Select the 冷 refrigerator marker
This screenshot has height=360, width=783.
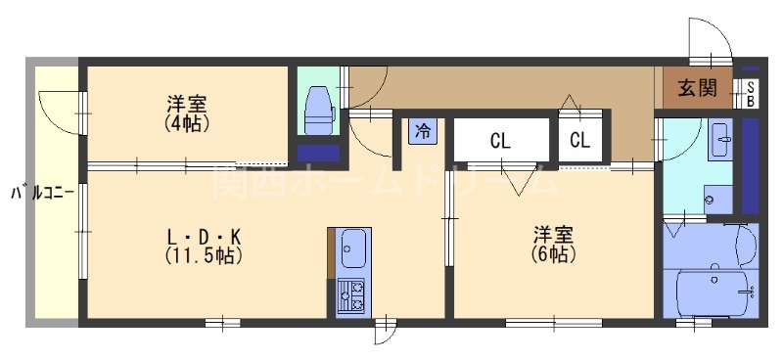click(423, 130)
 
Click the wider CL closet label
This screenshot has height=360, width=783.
click(500, 141)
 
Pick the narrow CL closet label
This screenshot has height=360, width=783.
click(580, 141)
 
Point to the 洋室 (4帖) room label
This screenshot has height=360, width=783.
click(187, 112)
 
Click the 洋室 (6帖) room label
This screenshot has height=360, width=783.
click(553, 244)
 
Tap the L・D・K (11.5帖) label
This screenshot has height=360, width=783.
click(204, 246)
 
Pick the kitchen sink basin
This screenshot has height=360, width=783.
click(353, 247)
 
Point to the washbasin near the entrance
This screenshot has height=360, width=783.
click(721, 138)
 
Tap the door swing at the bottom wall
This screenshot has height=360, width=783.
click(386, 333)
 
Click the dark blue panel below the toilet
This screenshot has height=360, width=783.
click(318, 153)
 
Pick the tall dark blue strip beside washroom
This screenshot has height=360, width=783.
click(751, 163)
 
